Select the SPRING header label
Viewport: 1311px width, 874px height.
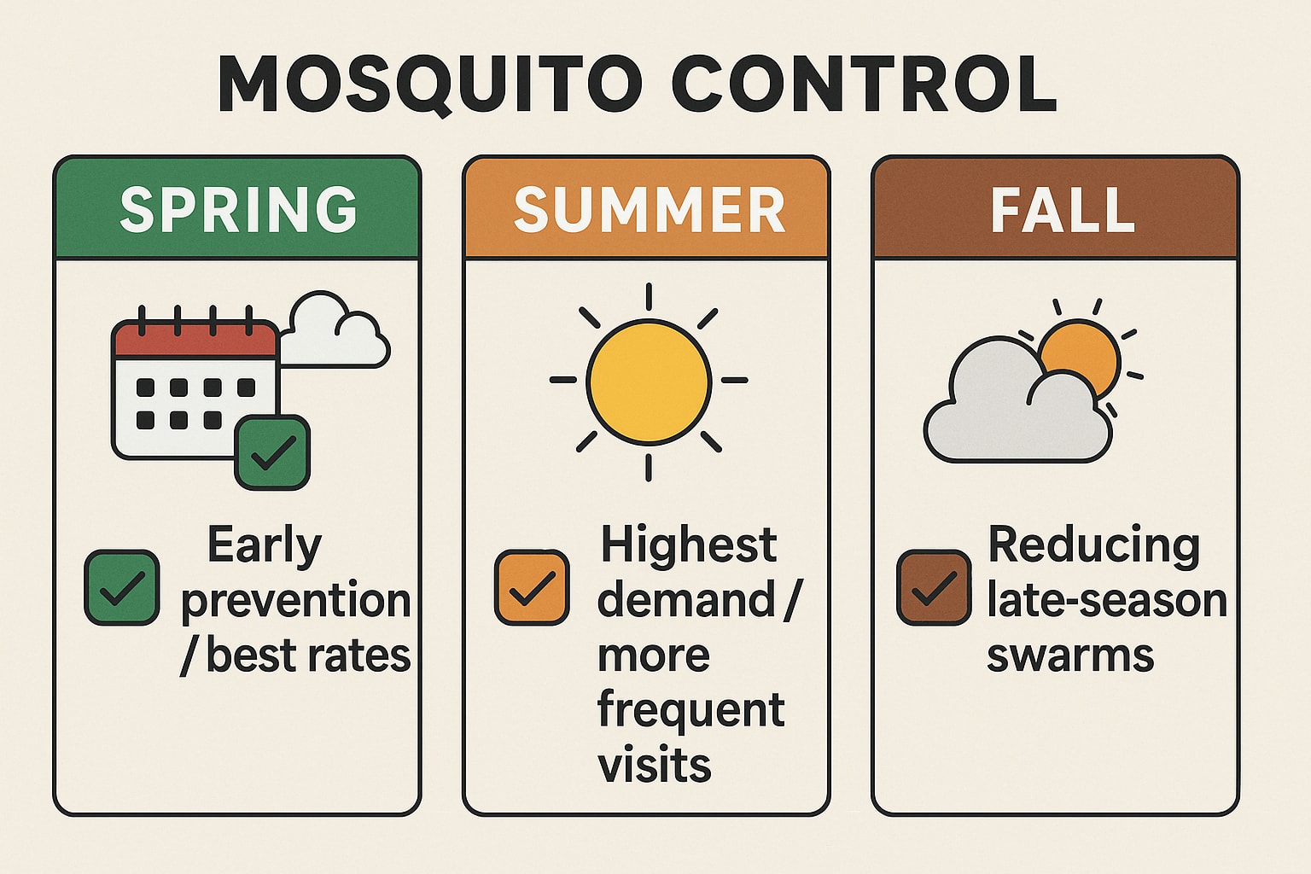click(x=238, y=210)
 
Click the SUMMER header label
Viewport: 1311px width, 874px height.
click(x=649, y=210)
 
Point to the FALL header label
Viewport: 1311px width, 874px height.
click(x=1062, y=210)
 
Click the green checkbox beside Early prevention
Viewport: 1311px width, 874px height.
click(x=121, y=587)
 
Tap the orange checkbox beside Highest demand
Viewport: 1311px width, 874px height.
click(x=532, y=587)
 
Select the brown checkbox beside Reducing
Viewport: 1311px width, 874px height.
click(x=934, y=587)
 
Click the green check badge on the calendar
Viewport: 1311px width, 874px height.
click(x=272, y=452)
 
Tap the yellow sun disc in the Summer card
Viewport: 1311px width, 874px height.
click(x=649, y=382)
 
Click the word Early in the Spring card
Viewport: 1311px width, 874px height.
click(x=265, y=546)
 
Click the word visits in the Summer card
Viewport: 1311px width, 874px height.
click(x=655, y=765)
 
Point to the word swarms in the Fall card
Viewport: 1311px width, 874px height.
click(x=1070, y=655)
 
